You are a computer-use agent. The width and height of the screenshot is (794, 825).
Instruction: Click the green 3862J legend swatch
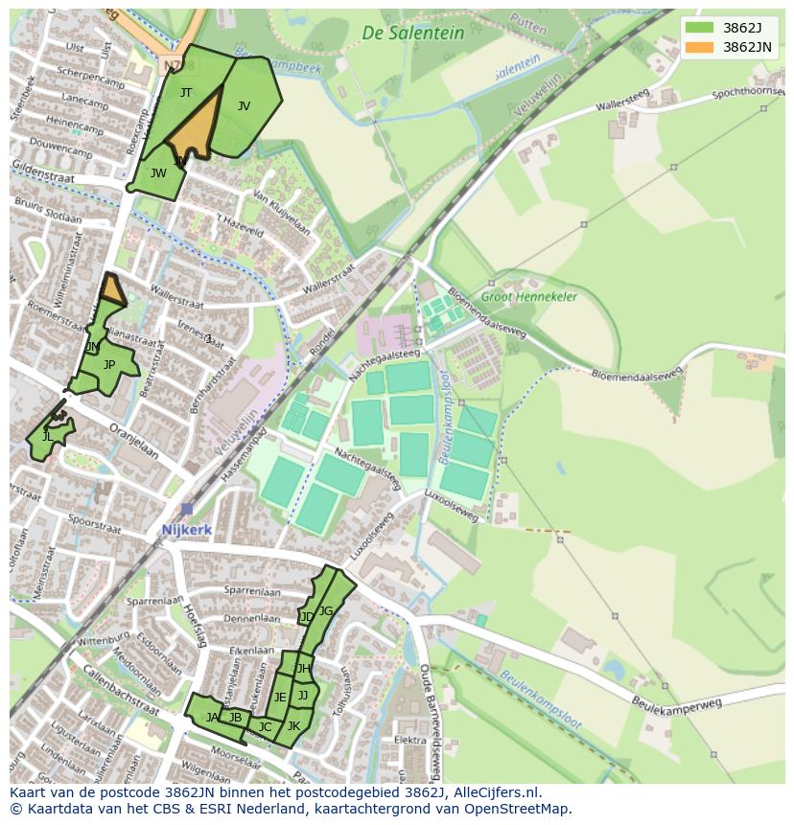(x=699, y=28)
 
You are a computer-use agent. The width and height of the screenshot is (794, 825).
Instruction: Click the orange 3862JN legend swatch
(x=699, y=47)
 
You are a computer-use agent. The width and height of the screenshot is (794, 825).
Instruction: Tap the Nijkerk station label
(x=186, y=529)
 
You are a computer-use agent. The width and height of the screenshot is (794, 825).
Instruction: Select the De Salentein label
(x=412, y=33)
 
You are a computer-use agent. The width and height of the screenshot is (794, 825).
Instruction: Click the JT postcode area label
(x=186, y=93)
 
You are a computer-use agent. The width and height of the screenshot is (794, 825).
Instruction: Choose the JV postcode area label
(x=244, y=106)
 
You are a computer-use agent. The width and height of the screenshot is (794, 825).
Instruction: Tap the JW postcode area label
(x=158, y=173)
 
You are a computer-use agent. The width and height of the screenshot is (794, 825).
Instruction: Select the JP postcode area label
(x=109, y=365)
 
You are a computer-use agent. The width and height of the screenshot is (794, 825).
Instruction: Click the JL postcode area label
(x=47, y=437)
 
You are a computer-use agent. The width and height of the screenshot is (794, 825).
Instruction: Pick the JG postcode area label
(x=326, y=611)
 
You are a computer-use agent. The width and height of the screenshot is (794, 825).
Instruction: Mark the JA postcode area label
(x=212, y=717)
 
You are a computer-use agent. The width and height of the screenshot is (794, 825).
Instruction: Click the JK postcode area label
(x=294, y=725)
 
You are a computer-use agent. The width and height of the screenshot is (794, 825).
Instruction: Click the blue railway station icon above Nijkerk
(x=186, y=509)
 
